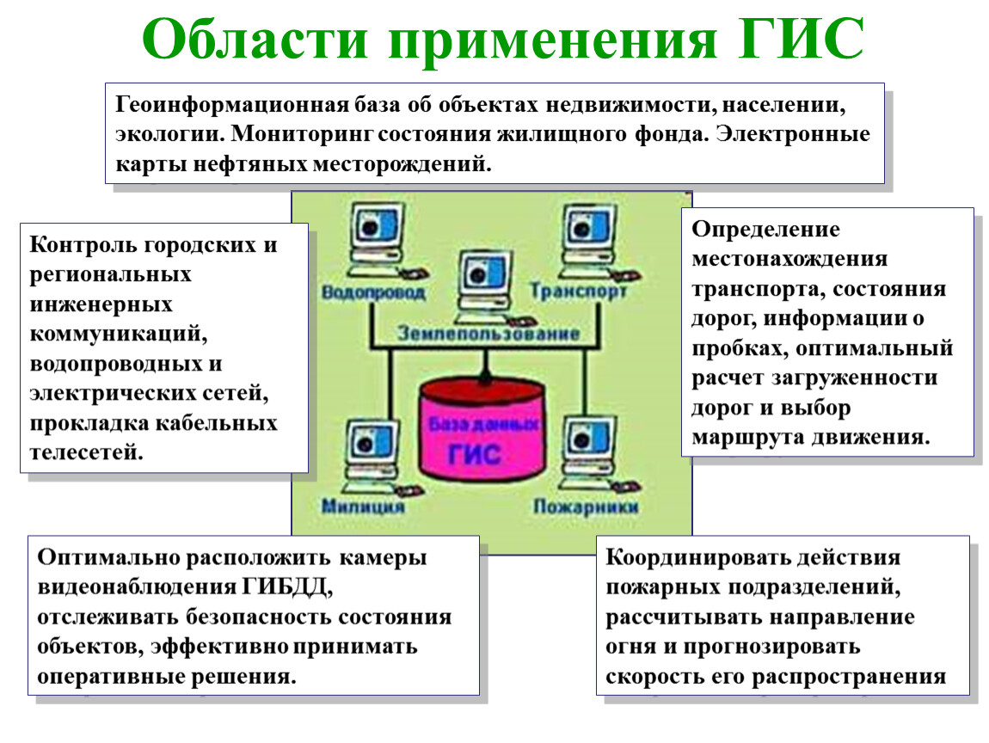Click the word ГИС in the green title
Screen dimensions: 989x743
click(801, 39)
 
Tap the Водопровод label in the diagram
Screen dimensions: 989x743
click(373, 292)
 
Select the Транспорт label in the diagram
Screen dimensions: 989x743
click(579, 291)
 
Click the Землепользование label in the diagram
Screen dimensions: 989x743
click(488, 333)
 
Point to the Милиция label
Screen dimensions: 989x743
click(363, 506)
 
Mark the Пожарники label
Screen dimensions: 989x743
click(586, 507)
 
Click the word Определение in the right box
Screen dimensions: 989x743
click(765, 230)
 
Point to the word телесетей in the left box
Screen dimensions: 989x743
click(86, 453)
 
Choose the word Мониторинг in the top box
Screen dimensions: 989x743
click(302, 134)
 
